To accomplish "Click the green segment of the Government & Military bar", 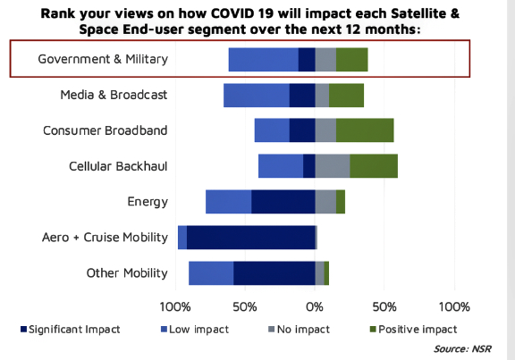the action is pos(351,59).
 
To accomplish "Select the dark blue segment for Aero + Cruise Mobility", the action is pos(251,238).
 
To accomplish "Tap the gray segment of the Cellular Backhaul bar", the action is pos(333,166).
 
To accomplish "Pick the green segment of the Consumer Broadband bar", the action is pos(365,130).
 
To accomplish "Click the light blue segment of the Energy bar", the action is pos(229,202).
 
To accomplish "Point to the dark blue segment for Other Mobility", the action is pos(274,273).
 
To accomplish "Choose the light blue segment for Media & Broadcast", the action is pos(257,96).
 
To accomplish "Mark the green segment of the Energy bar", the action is pos(341,202).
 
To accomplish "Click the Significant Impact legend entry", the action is pos(71,329).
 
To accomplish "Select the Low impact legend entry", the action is pos(195,329).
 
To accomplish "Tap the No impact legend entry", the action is pos(299,329).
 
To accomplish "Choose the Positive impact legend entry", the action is pos(413,329).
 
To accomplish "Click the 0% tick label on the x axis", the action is pos(315,307).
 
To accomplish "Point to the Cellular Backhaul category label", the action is pos(118,166).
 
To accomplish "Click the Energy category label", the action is pos(148,202).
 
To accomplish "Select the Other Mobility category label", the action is pos(127,273).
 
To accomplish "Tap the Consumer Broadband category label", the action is pos(106,130).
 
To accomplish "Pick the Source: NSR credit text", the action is pos(462,348).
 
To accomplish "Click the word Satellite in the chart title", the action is pos(416,13).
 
